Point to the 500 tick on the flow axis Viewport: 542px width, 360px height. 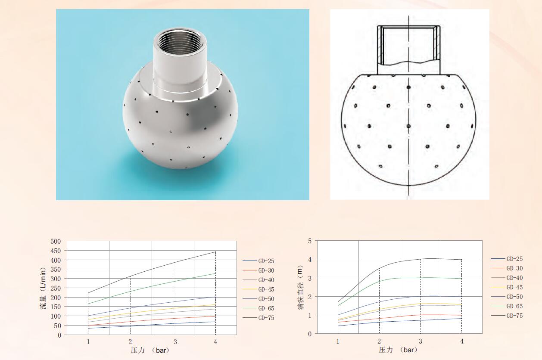(x=56, y=242)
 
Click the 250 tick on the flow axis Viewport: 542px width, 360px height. (x=56, y=288)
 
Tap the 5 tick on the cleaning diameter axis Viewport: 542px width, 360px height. (x=309, y=241)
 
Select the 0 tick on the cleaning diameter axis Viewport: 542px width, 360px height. (x=309, y=334)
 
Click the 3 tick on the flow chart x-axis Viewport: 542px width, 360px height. (x=173, y=341)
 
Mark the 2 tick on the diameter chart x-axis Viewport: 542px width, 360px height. (x=379, y=341)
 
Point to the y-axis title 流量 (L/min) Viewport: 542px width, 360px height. (x=43, y=288)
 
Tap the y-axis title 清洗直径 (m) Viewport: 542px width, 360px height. (x=300, y=288)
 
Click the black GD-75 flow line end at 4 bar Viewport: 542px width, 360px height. (x=215, y=252)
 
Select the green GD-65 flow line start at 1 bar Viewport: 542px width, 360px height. (x=88, y=304)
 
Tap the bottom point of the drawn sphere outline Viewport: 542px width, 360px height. (x=408, y=185)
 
